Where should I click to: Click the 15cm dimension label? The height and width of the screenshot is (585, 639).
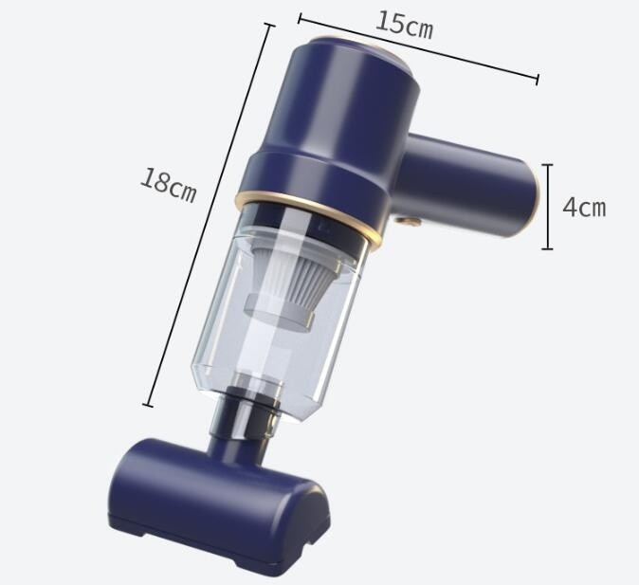tap(404, 25)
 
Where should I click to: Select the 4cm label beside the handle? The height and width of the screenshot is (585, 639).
tap(583, 207)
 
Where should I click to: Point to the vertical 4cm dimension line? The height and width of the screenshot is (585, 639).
tap(547, 207)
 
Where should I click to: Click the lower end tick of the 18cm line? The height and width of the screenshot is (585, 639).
tap(147, 405)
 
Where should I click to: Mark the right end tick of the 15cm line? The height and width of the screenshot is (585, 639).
tap(538, 79)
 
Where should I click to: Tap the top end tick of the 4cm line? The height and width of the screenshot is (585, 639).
tap(547, 165)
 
